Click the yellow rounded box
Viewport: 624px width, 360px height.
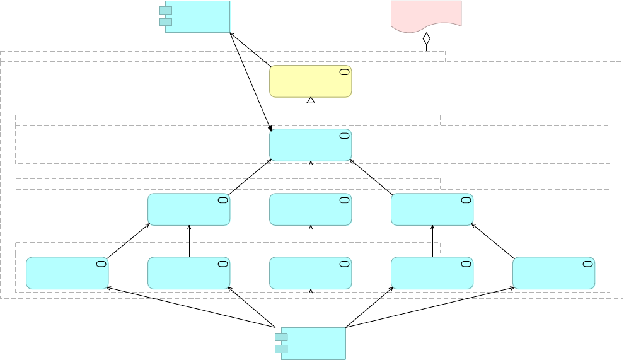[310, 81]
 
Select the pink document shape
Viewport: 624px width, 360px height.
[426, 15]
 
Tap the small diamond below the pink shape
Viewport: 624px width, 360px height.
[426, 38]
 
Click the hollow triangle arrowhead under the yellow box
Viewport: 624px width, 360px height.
[311, 100]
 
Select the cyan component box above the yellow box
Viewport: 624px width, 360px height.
[197, 16]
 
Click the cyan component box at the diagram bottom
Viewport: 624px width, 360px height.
[313, 343]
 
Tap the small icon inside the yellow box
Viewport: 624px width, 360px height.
[344, 72]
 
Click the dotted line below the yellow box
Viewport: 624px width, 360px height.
[311, 117]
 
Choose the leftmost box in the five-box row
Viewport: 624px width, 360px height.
[67, 273]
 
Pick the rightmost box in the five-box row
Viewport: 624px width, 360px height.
[553, 273]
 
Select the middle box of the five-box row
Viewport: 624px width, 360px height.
[310, 273]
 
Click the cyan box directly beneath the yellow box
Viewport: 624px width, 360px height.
[310, 145]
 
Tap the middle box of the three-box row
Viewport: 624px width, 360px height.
[310, 209]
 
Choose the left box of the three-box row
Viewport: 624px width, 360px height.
[188, 209]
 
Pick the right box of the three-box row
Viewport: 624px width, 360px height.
[432, 209]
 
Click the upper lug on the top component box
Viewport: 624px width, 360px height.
[166, 10]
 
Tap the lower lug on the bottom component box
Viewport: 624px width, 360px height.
[281, 349]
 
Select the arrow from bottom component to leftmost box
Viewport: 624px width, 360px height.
[189, 308]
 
